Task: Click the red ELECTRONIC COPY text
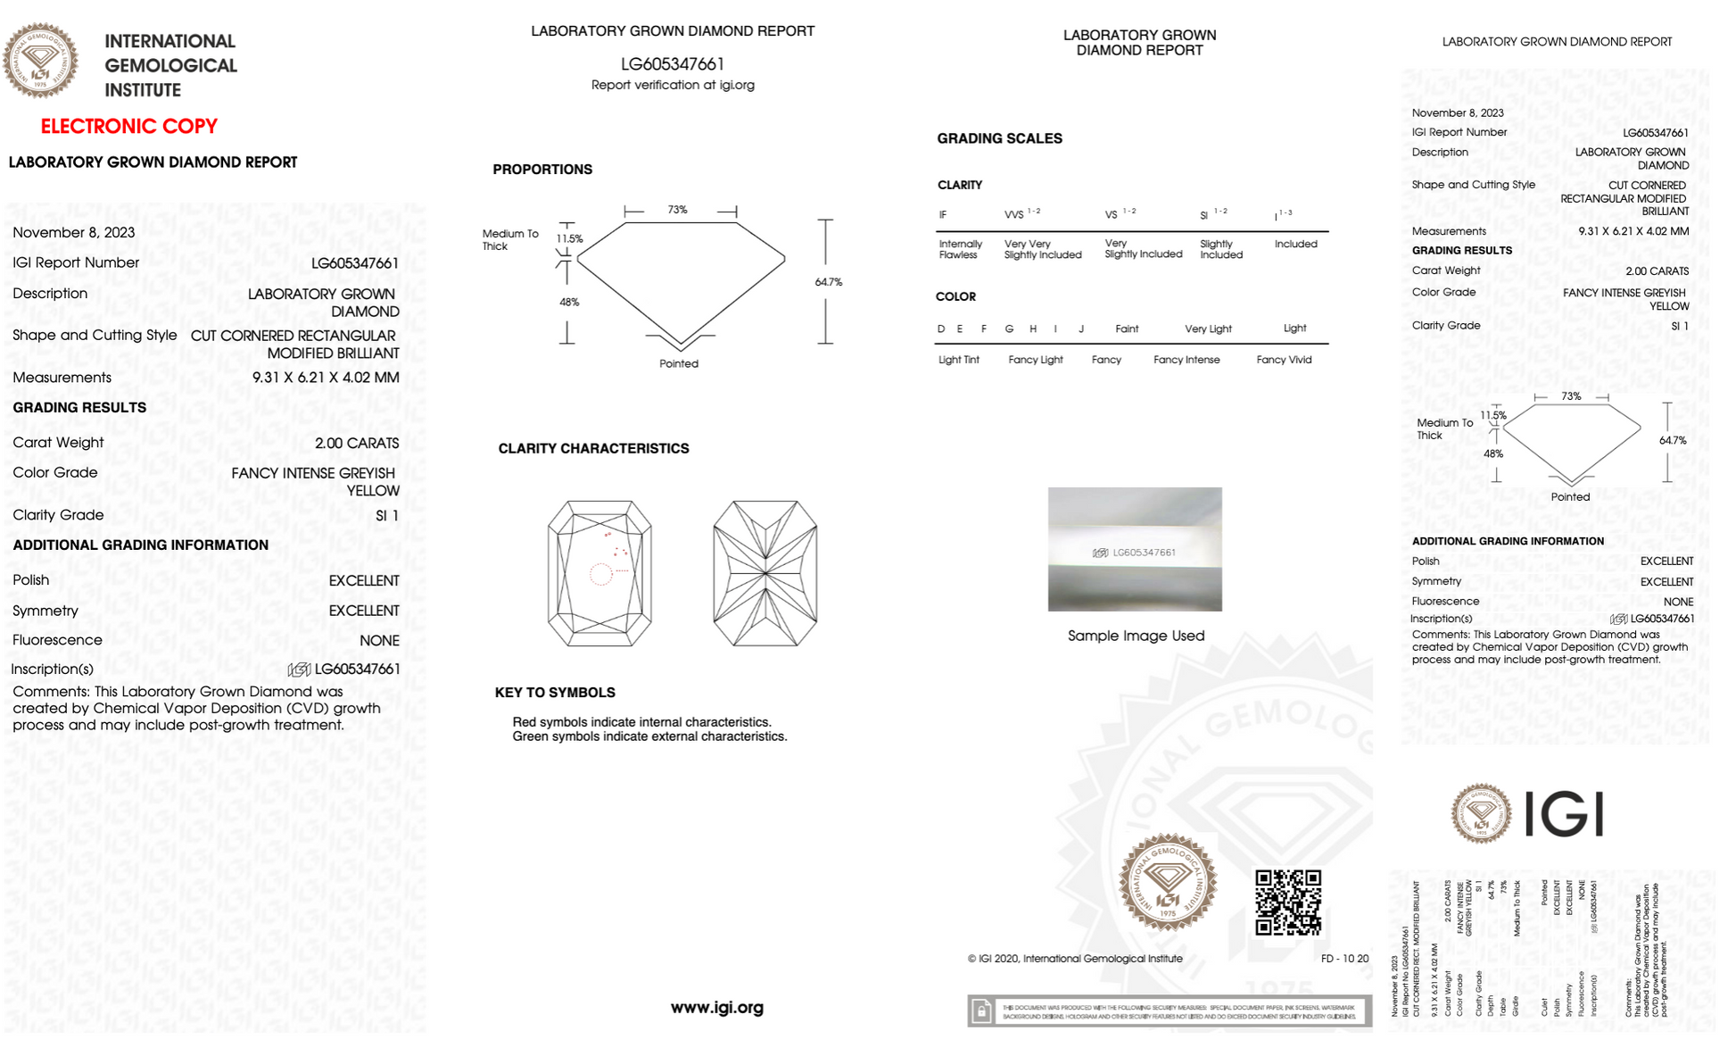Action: click(x=129, y=127)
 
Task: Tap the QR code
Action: click(x=1287, y=902)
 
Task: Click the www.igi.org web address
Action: click(x=716, y=1008)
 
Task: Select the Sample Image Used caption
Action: click(x=1136, y=636)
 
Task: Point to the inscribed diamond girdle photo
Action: click(x=1135, y=549)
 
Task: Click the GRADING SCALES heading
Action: click(x=999, y=138)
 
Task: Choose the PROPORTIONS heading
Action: click(x=542, y=170)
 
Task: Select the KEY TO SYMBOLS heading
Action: click(x=555, y=693)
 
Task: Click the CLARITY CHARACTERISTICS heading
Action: click(x=593, y=448)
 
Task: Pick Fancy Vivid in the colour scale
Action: click(x=1284, y=360)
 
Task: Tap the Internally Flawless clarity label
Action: click(x=960, y=249)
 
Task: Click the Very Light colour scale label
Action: click(x=1208, y=329)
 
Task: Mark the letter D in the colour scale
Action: click(x=941, y=329)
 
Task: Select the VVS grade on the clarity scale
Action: click(x=1015, y=214)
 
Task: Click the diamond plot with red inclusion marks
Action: click(x=599, y=573)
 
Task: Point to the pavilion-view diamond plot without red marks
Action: click(x=765, y=573)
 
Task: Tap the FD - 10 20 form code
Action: click(x=1344, y=959)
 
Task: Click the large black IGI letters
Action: click(x=1564, y=813)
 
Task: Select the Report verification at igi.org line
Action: click(x=673, y=85)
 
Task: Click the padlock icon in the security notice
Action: click(x=981, y=1011)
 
